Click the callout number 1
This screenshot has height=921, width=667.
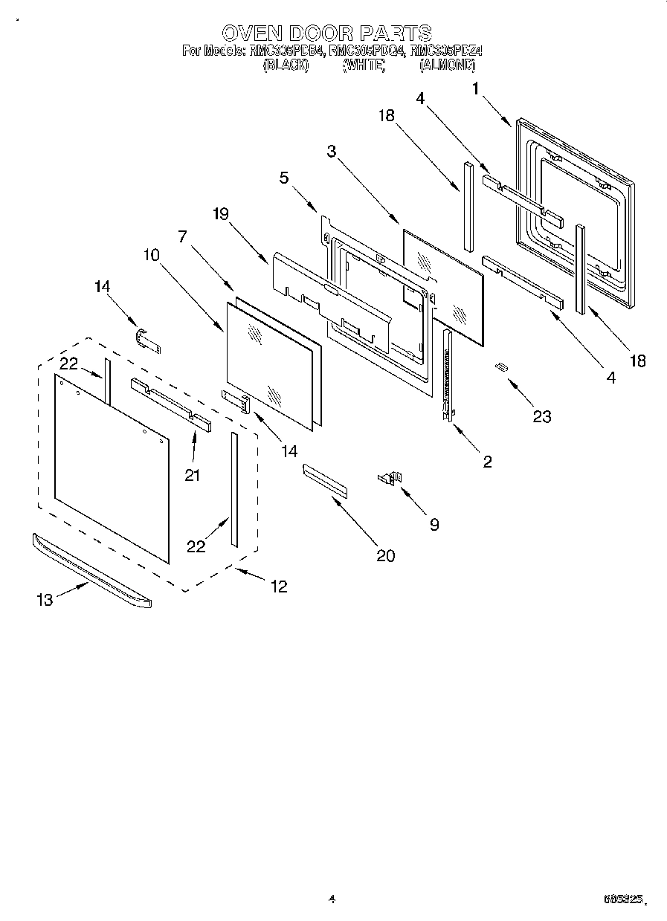(x=475, y=88)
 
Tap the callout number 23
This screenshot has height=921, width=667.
(x=541, y=416)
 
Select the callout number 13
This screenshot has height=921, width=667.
(x=45, y=600)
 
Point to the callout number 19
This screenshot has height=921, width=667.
(x=220, y=214)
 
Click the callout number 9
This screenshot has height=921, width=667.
(x=433, y=524)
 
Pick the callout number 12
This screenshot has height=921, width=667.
(x=278, y=586)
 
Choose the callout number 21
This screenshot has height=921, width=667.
(x=193, y=475)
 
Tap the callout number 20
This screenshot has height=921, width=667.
(x=385, y=555)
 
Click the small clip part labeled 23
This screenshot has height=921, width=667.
(x=502, y=366)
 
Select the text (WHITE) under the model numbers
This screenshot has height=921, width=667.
(x=364, y=65)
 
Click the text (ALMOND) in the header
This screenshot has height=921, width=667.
(x=447, y=65)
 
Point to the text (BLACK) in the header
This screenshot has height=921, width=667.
(x=284, y=65)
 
